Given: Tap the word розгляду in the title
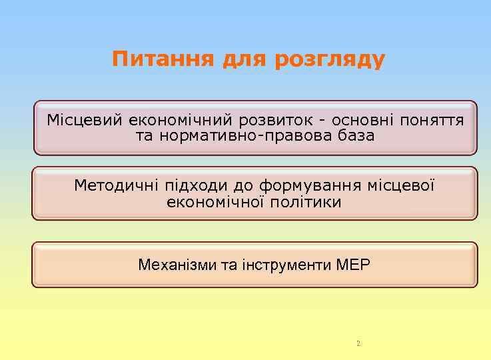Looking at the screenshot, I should pyautogui.click(x=329, y=60).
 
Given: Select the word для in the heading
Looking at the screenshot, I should pyautogui.click(x=242, y=60).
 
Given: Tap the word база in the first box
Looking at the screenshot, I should pyautogui.click(x=356, y=136).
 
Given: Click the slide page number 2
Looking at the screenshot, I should pyautogui.click(x=358, y=344).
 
